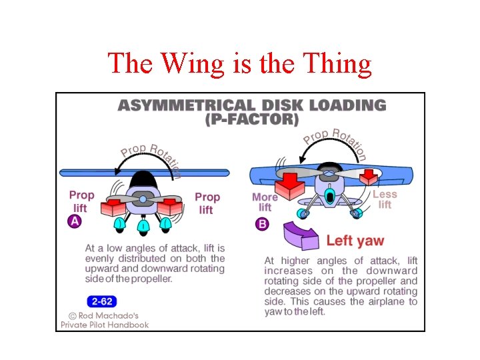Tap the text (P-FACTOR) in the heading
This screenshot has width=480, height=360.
(252, 120)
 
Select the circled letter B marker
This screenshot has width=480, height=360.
(262, 224)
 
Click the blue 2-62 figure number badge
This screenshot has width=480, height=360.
(101, 301)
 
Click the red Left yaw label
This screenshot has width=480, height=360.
(355, 241)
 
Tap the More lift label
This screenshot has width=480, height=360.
(265, 202)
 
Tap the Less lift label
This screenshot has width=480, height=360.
(385, 199)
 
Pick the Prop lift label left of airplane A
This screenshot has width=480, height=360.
(81, 201)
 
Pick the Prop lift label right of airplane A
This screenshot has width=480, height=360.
(207, 203)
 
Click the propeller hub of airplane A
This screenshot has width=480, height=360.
(143, 199)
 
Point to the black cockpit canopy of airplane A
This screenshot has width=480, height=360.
(142, 180)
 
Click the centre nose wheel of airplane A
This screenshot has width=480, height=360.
(143, 227)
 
